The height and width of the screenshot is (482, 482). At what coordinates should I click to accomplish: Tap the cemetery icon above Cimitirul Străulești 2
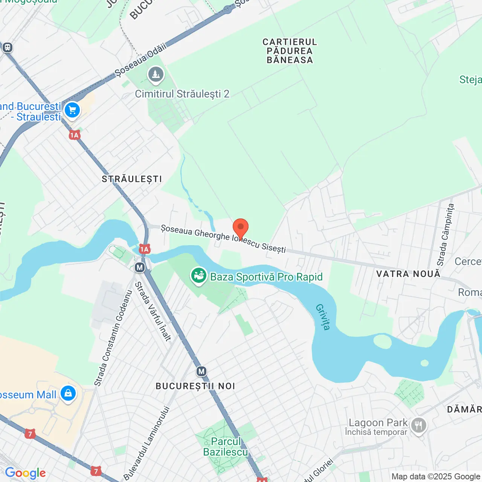tap(156, 75)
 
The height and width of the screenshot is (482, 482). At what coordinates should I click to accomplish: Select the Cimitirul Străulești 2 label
tap(182, 94)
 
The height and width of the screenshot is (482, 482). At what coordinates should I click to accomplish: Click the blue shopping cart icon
tap(72, 111)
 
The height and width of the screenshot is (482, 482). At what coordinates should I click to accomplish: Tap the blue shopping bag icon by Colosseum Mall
tap(68, 394)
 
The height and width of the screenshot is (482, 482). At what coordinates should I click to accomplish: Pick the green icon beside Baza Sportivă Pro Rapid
tap(198, 276)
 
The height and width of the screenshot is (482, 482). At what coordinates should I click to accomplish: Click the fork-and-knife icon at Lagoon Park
tap(418, 426)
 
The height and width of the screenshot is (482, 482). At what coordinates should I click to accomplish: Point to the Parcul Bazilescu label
tap(226, 447)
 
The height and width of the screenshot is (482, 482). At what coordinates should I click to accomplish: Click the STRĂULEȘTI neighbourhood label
tap(132, 179)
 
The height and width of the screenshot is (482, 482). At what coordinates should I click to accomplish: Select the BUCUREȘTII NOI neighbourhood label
tap(195, 386)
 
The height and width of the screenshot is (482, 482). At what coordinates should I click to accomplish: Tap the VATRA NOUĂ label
tap(408, 274)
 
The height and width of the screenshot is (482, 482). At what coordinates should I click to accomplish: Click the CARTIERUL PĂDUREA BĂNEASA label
tap(290, 51)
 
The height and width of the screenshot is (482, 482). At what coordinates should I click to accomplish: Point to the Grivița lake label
tap(323, 317)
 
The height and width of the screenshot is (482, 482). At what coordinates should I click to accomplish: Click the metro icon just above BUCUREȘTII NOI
tap(201, 372)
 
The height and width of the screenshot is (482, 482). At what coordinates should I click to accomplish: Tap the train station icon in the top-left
tap(8, 47)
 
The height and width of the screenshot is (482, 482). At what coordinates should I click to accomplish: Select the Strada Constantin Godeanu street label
tap(113, 338)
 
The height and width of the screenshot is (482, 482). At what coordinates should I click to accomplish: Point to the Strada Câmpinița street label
tap(445, 234)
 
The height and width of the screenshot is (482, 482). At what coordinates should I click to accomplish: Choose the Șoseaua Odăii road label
tap(140, 60)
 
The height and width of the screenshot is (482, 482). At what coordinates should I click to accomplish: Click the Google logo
tap(25, 473)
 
